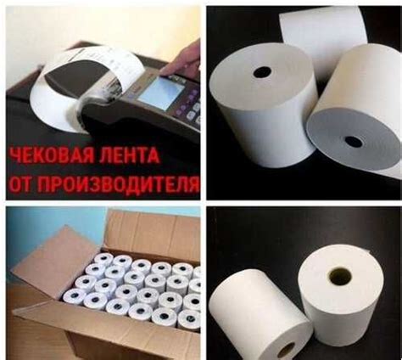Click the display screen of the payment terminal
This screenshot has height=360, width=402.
point(159,91)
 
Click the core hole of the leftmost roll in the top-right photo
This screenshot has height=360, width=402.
point(261,72)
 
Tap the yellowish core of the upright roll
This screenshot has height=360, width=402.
point(341,275)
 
